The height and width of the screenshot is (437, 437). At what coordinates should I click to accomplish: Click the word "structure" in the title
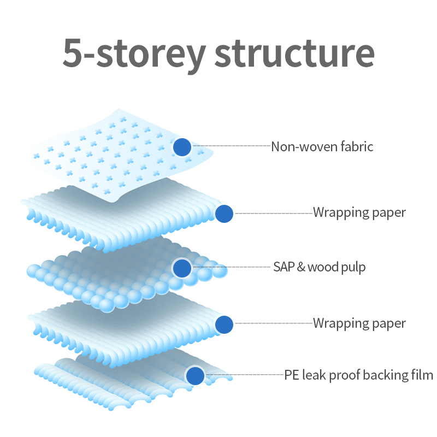point(294,53)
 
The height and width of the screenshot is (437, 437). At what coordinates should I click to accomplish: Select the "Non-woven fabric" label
point(322,146)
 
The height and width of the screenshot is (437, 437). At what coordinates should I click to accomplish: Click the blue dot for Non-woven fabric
point(182,147)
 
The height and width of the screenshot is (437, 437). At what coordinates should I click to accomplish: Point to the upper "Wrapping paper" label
point(359,212)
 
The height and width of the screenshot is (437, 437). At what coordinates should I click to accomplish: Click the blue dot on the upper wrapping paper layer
point(225,214)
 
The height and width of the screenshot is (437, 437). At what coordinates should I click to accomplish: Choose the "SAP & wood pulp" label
point(319,267)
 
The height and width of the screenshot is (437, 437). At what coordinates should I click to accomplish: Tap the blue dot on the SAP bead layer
point(182,268)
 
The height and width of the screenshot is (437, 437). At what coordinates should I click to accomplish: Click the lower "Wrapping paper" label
point(359,323)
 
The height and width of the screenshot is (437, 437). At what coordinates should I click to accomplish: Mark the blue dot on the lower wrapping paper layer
point(225,324)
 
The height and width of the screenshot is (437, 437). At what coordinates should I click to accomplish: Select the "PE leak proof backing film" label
point(358,375)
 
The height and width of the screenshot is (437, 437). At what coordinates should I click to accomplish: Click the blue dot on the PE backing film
point(195,376)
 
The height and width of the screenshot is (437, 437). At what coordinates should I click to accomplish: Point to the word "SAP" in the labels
point(283,267)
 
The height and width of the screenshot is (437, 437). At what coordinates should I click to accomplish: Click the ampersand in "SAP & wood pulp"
point(300,267)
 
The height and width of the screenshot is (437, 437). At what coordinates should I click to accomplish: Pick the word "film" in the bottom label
point(422,375)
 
